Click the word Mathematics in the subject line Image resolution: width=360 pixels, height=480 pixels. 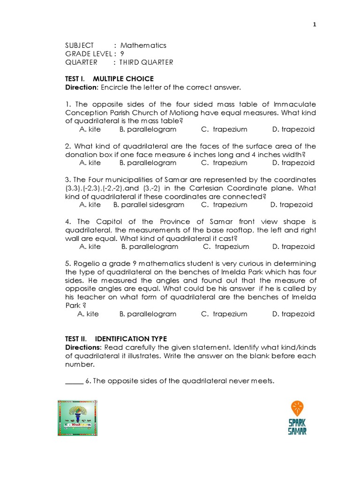click(143, 45)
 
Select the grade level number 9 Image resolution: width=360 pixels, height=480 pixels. click(122, 54)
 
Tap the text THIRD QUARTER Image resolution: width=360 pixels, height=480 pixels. click(146, 62)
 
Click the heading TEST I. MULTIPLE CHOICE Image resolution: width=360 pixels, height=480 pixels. click(109, 79)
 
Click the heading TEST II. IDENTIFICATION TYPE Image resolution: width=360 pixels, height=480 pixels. click(115, 339)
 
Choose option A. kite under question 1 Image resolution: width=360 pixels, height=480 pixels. click(90, 129)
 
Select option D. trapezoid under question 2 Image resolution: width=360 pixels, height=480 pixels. click(293, 163)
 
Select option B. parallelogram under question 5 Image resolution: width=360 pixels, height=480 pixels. click(148, 314)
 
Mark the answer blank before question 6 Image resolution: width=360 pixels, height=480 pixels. click(74, 381)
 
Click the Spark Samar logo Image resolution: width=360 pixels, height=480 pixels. click(297, 418)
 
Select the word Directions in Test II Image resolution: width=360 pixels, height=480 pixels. click(83, 347)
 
